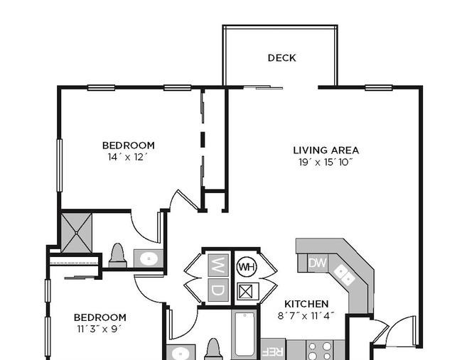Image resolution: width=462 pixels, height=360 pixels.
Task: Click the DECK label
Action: (281, 58)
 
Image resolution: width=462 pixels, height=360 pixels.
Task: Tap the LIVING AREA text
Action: (326, 151)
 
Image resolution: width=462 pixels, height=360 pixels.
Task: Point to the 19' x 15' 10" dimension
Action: (326, 162)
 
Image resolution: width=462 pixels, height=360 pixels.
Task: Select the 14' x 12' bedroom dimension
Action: (127, 157)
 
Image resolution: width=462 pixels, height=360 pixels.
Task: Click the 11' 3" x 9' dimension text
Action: (99, 329)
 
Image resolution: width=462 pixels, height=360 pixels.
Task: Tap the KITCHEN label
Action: (306, 304)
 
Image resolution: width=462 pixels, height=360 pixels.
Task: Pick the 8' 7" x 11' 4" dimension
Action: (306, 316)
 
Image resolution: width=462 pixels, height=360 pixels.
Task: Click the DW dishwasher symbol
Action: (317, 263)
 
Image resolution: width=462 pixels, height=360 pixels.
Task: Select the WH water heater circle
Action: (247, 267)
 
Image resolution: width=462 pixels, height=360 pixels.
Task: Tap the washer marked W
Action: (218, 265)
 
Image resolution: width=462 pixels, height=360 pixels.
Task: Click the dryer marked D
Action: (218, 290)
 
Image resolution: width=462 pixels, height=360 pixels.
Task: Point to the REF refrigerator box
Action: (273, 349)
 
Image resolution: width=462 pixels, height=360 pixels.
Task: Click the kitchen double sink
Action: (345, 275)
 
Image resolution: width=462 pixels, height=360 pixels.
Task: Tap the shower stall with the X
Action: (77, 232)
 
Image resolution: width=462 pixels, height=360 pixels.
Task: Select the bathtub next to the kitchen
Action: (245, 334)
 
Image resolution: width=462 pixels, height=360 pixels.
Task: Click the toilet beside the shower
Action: (117, 255)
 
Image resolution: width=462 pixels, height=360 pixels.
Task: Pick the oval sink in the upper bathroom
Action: (149, 258)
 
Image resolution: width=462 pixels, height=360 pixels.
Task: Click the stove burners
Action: (320, 350)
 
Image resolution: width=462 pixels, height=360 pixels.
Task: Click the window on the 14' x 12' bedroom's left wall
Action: (60, 165)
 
